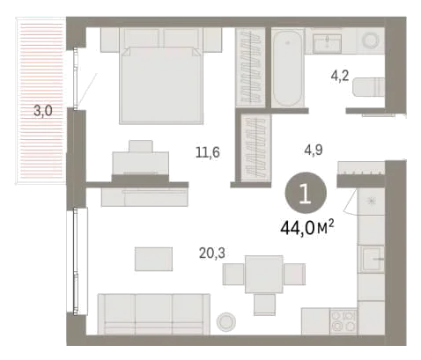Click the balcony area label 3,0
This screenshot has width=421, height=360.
click(43, 111)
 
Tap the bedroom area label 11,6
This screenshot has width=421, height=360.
click(208, 152)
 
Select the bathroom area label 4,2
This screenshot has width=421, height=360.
click(340, 76)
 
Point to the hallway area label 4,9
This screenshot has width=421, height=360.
click(314, 150)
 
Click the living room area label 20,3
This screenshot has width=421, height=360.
click(212, 253)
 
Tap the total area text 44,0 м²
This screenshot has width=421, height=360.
click(307, 228)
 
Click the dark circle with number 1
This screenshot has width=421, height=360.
click(306, 193)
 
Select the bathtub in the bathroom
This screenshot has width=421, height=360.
click(287, 68)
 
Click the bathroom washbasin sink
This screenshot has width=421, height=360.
click(327, 43)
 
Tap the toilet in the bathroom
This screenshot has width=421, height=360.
click(368, 87)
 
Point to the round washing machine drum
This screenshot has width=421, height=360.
click(371, 40)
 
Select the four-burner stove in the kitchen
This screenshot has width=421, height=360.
click(343, 321)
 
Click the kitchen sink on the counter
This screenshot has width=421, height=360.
click(373, 259)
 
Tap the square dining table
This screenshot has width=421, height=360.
click(264, 274)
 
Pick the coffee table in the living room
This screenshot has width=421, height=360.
click(153, 259)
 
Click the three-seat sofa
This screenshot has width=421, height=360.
click(154, 314)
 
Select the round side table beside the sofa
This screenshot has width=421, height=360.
click(225, 321)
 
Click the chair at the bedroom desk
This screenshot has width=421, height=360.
click(141, 146)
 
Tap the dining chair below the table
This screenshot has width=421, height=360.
click(264, 305)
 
